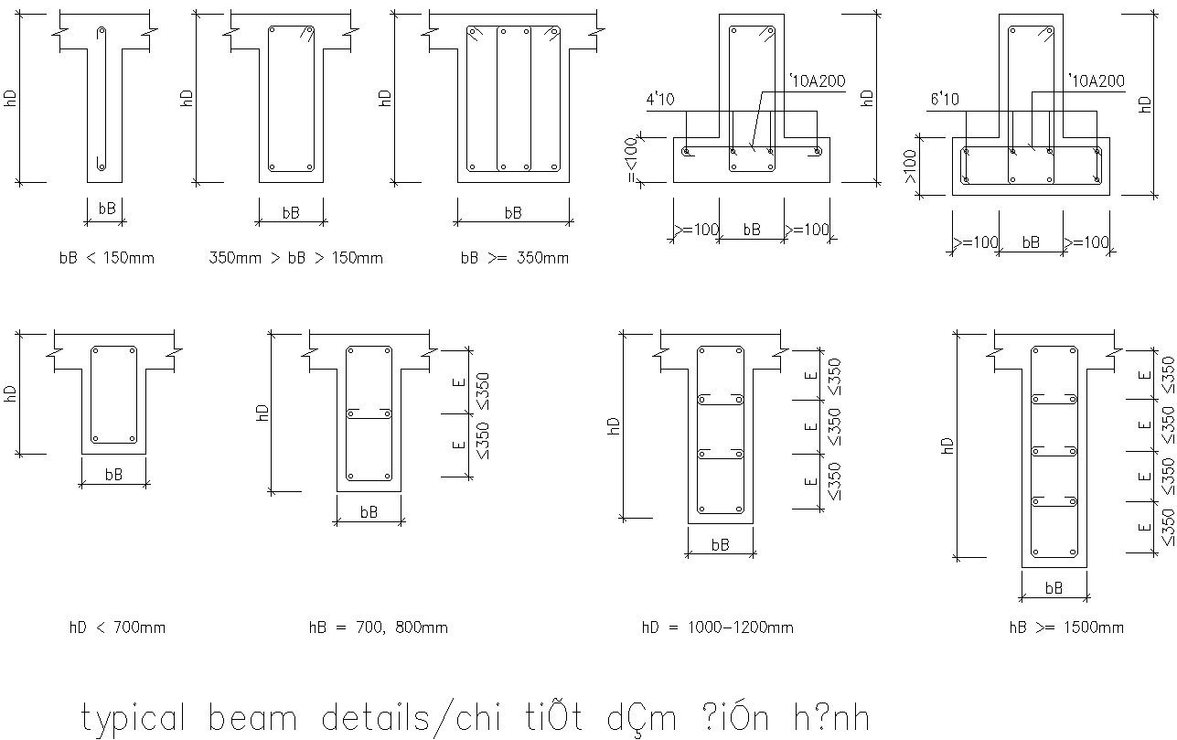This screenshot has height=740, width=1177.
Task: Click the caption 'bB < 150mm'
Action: (106, 258)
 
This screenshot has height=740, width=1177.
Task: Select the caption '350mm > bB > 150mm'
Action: (295, 258)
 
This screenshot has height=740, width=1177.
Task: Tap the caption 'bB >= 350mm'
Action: (514, 258)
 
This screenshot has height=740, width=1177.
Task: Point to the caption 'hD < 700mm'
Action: (117, 627)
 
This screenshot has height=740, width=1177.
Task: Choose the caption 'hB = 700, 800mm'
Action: (378, 627)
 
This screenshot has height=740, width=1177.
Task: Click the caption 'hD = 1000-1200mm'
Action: (717, 627)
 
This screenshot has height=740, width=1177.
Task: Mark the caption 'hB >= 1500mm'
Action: (1065, 627)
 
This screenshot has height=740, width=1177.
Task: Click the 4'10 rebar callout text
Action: (660, 99)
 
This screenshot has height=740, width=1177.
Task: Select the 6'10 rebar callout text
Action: (945, 99)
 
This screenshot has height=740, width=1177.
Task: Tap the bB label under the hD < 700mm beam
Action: (113, 475)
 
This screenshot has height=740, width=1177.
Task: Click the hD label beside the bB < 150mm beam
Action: (10, 99)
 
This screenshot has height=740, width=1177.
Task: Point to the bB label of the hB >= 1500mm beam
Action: (1054, 588)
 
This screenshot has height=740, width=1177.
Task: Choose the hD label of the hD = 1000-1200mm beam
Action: (614, 425)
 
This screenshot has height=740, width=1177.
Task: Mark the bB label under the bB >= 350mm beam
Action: (513, 212)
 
